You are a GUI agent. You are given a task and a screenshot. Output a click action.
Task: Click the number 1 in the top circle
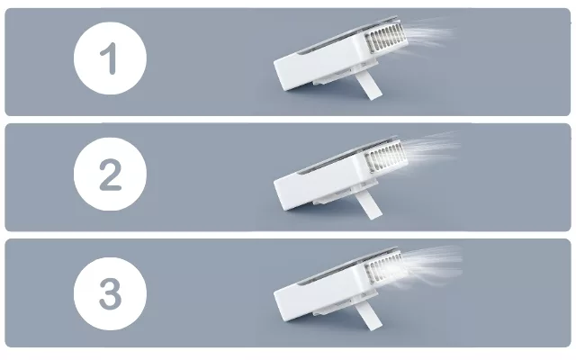click(x=109, y=58)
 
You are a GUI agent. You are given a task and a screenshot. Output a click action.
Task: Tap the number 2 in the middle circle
click(x=110, y=175)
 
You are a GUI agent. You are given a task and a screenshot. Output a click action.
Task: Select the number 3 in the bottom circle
click(x=110, y=293)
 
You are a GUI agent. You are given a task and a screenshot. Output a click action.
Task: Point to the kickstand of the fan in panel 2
click(x=370, y=206)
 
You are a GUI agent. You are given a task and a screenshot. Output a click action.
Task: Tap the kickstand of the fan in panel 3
click(x=370, y=317)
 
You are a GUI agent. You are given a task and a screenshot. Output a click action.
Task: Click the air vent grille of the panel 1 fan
click(x=386, y=38)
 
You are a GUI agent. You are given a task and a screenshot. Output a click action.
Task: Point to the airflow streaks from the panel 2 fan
click(x=430, y=150)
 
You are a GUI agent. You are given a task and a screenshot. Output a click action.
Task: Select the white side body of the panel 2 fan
click(x=320, y=185)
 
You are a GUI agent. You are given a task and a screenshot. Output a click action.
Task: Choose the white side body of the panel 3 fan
click(x=320, y=297)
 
